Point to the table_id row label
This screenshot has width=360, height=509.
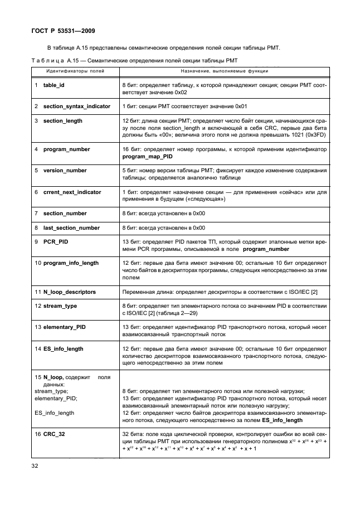point(54,85)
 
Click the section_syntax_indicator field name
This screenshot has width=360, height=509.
point(76,106)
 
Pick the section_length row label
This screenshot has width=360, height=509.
point(62,120)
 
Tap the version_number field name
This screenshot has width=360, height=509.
point(65,171)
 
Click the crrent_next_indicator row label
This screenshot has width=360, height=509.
point(72,192)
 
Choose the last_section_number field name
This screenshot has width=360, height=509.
point(71,227)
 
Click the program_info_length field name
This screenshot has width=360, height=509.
point(71,263)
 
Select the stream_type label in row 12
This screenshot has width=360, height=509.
point(60,306)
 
